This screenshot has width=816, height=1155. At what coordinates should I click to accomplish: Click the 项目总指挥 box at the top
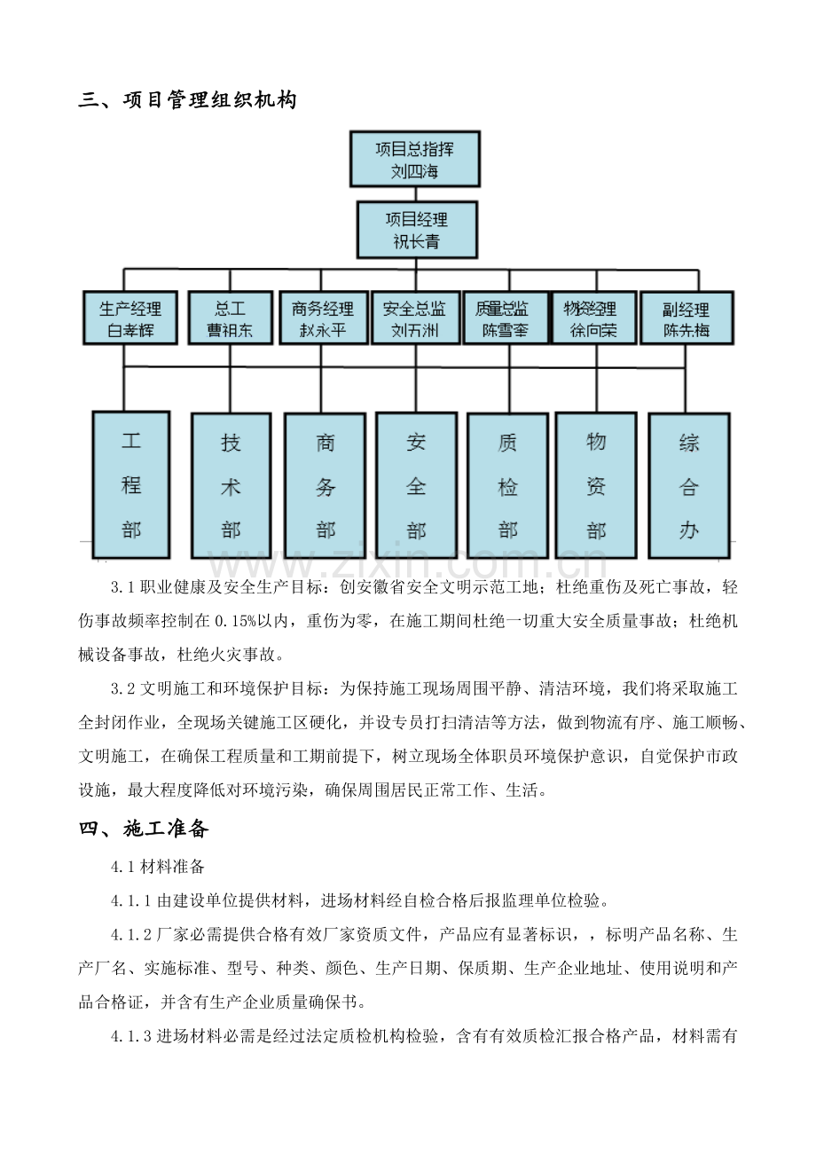[x=415, y=159]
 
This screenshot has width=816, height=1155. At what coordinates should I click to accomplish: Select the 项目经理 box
[x=417, y=230]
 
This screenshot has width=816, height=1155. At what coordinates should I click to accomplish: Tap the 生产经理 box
[x=130, y=318]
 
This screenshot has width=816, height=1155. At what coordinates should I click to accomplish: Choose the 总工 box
[x=231, y=318]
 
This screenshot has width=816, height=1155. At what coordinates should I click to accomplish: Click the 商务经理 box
[x=323, y=318]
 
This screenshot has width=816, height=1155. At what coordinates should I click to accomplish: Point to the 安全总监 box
[x=415, y=318]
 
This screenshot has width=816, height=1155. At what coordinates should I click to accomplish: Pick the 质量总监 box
[x=506, y=318]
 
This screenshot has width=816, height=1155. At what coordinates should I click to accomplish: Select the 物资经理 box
[x=594, y=318]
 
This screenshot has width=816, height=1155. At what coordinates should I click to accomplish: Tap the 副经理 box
[x=687, y=318]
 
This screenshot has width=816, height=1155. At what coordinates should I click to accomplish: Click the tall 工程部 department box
[x=131, y=484]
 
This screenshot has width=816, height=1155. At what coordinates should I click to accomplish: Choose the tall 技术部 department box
[x=231, y=485]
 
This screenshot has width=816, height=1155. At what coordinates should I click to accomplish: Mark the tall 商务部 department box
[x=326, y=485]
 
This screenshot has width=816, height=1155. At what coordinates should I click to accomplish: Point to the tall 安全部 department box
[x=417, y=485]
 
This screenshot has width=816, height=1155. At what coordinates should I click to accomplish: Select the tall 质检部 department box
[x=507, y=485]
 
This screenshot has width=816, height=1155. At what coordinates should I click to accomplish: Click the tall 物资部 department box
[x=596, y=485]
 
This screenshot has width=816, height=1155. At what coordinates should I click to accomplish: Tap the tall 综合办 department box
[x=689, y=485]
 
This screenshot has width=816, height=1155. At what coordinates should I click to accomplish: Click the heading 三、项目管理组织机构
[x=188, y=99]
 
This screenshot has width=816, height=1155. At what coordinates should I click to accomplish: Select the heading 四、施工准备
[x=144, y=828]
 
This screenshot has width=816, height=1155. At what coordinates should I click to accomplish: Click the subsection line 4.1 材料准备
[x=158, y=866]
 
